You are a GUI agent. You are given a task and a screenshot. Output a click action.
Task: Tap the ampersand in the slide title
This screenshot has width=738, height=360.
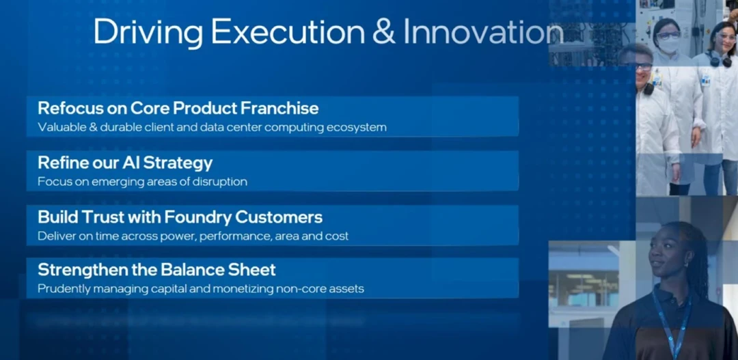pyautogui.click(x=384, y=32)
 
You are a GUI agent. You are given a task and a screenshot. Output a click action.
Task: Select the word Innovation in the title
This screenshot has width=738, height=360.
pyautogui.click(x=484, y=32)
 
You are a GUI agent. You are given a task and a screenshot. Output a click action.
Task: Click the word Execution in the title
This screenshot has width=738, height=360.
pyautogui.click(x=288, y=32)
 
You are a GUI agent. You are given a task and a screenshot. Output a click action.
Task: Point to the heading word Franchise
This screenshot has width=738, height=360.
pyautogui.click(x=279, y=108)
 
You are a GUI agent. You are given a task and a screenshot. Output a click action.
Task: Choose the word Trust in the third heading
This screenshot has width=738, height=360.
pyautogui.click(x=98, y=217)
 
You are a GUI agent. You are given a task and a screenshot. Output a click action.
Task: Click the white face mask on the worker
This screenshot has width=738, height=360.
pyautogui.click(x=668, y=44)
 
